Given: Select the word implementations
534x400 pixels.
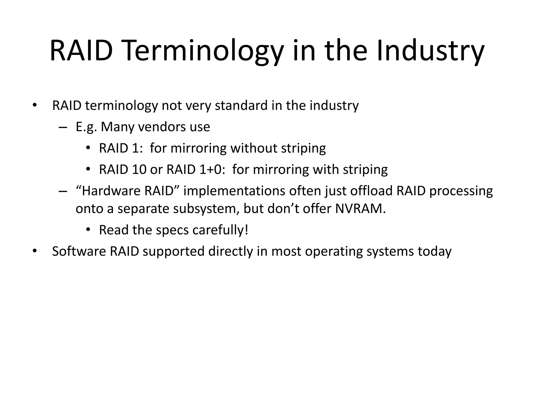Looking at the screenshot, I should pyautogui.click(x=234, y=191).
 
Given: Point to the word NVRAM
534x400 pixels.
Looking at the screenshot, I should pyautogui.click(x=360, y=209).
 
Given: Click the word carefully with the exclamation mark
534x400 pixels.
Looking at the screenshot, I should pyautogui.click(x=220, y=230).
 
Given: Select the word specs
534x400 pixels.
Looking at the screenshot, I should pyautogui.click(x=172, y=230).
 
